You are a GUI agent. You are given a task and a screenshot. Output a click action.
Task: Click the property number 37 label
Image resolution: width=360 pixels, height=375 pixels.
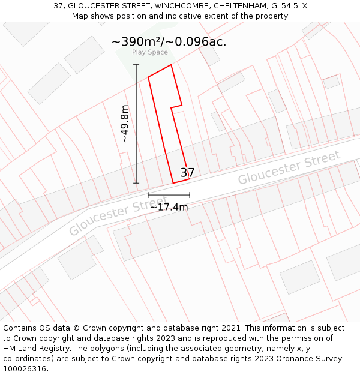[x=187, y=173]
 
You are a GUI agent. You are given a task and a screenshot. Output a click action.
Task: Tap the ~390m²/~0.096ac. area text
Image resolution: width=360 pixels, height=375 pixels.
[x=169, y=41]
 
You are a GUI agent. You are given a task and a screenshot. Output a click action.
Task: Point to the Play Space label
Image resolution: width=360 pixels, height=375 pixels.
[x=150, y=52]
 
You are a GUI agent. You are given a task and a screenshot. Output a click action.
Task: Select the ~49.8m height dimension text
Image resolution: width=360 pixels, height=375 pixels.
[x=125, y=124]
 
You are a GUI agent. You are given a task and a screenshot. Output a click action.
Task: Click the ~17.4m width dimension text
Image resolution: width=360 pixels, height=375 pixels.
[x=169, y=208]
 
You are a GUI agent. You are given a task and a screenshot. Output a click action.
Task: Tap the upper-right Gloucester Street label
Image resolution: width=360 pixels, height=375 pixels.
[x=289, y=167]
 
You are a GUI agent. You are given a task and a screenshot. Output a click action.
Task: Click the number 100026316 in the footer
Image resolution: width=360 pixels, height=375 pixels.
[x=25, y=369]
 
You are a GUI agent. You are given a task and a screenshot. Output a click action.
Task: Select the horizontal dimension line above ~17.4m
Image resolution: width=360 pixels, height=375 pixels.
[x=169, y=195]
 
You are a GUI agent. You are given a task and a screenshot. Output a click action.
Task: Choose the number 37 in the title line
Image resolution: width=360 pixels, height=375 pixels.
[x=59, y=6]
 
